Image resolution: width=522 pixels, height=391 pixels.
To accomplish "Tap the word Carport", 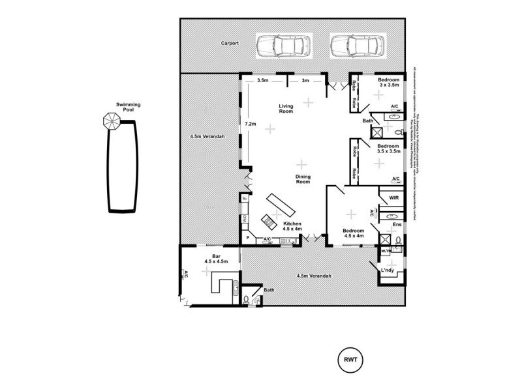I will (x=229, y=44).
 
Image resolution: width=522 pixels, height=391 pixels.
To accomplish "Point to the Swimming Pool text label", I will (x=129, y=107).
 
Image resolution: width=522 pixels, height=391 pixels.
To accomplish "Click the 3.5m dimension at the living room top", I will (x=263, y=80).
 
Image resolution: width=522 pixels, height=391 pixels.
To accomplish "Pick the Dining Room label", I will (x=301, y=179).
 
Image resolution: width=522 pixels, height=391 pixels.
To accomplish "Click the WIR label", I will (x=393, y=197).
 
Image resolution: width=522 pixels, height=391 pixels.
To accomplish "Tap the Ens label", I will (x=396, y=225).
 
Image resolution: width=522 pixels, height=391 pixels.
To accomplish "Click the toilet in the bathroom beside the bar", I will (x=245, y=300).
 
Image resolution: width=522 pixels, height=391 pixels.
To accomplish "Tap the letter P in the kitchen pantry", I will (x=248, y=239).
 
